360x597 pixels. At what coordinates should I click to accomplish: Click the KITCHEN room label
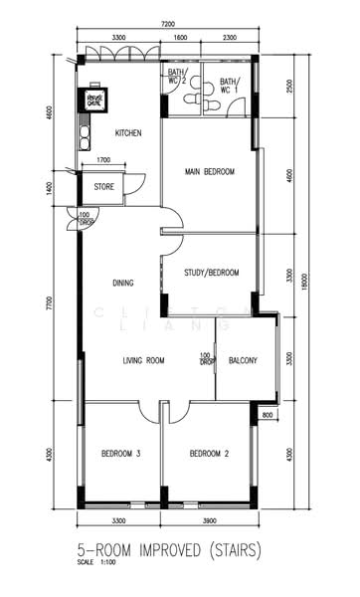click(x=129, y=132)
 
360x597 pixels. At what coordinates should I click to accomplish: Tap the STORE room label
click(x=104, y=186)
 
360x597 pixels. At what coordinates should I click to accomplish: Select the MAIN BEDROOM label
click(x=209, y=172)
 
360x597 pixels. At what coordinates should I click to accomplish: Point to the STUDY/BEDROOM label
click(x=211, y=272)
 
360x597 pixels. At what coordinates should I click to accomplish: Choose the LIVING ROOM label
click(x=143, y=360)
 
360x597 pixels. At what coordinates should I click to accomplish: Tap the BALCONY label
click(x=243, y=360)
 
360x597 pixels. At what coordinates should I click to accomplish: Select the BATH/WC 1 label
click(x=229, y=87)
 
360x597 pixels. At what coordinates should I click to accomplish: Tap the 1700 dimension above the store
click(x=103, y=160)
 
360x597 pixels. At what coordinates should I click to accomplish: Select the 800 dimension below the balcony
click(x=267, y=414)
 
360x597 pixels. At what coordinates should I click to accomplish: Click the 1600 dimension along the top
click(x=180, y=38)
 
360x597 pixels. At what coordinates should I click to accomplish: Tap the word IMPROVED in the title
click(x=179, y=549)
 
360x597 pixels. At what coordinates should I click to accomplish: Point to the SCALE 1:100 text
click(x=97, y=563)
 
